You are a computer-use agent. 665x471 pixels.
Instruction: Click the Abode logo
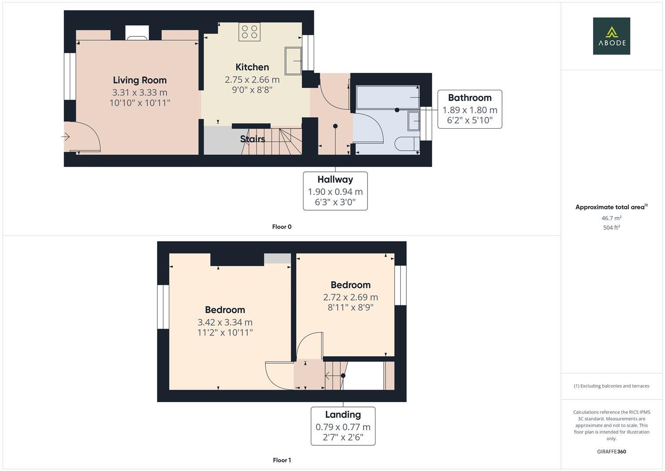611,36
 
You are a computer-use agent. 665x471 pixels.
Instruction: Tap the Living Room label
139,80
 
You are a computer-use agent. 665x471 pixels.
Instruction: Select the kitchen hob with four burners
250,32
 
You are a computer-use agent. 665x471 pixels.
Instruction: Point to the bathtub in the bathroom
388,97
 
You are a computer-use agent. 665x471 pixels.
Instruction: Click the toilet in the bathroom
407,144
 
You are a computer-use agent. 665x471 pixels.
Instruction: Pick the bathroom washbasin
414,121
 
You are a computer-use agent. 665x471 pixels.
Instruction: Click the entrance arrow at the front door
66,137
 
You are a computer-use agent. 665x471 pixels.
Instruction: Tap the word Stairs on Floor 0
253,139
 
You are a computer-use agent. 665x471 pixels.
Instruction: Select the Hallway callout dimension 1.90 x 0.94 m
335,191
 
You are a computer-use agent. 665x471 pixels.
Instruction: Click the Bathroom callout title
469,98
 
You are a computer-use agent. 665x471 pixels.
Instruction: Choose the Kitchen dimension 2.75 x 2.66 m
252,80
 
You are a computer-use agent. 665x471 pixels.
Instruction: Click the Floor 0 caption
282,227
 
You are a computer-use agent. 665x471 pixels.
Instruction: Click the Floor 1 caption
282,460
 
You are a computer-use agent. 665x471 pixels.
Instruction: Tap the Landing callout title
343,415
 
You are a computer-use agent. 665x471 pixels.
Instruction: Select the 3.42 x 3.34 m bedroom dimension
225,322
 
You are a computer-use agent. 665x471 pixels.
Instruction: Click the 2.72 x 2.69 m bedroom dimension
350,297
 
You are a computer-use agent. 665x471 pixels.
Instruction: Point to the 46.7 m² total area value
611,218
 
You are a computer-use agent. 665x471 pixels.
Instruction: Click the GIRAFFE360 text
611,451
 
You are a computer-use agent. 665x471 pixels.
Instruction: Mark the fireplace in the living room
137,33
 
